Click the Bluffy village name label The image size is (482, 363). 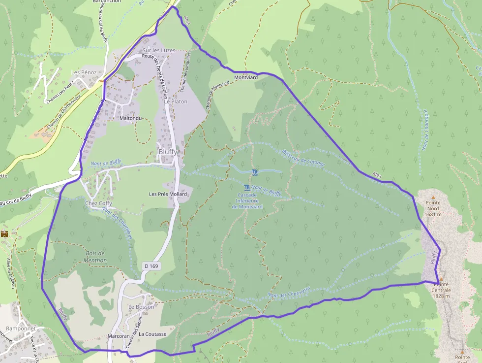[x=167, y=152]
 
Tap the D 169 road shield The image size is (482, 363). [x=151, y=266]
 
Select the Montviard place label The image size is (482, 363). [x=246, y=78]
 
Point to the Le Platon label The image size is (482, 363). [x=176, y=101]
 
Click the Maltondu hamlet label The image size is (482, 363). [x=130, y=118]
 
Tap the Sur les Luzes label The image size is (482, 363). [x=158, y=50]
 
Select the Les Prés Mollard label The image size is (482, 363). [x=168, y=194]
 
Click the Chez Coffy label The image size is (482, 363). [x=98, y=203]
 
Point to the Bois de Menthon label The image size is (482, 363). [x=95, y=257]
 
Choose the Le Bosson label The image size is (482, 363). [x=141, y=307]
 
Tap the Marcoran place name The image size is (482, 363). [x=118, y=336]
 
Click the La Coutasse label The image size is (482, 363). [x=152, y=334]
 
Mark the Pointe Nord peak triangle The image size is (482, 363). [x=433, y=197]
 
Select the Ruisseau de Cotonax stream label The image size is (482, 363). [x=304, y=157]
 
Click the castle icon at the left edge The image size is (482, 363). [x=5, y=233]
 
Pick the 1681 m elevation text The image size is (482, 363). [x=433, y=214]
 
